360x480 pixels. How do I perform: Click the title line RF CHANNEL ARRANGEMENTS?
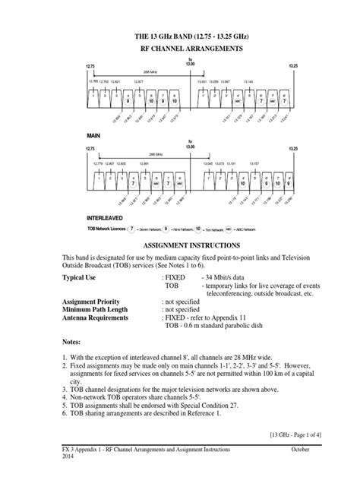click(x=180, y=47)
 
